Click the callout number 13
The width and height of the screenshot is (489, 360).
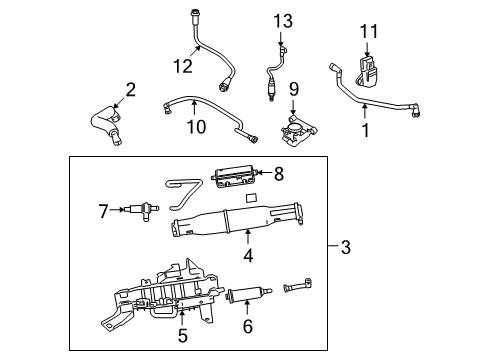tap(283, 21)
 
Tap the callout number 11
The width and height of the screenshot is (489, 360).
tap(369, 32)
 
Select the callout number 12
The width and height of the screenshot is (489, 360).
tap(183, 66)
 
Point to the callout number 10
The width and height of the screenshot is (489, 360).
tap(196, 127)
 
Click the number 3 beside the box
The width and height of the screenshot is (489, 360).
tap(346, 247)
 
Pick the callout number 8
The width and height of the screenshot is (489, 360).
tap(279, 173)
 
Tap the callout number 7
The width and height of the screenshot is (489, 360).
tap(103, 211)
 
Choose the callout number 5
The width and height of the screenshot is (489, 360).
tap(183, 335)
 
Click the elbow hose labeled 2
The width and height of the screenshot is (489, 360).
tap(105, 125)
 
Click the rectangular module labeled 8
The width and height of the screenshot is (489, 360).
tap(235, 178)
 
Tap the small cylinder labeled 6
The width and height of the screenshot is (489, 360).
tap(248, 294)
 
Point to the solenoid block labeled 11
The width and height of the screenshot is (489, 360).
tap(367, 72)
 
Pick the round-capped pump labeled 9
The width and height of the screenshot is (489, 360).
tap(297, 131)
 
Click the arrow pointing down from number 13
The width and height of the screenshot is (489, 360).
tap(281, 38)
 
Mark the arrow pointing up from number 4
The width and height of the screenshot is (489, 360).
tap(247, 237)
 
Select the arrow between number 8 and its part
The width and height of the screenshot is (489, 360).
tap(265, 172)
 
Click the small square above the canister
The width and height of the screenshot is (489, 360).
tap(251, 198)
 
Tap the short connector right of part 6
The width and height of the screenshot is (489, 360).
tap(297, 285)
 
